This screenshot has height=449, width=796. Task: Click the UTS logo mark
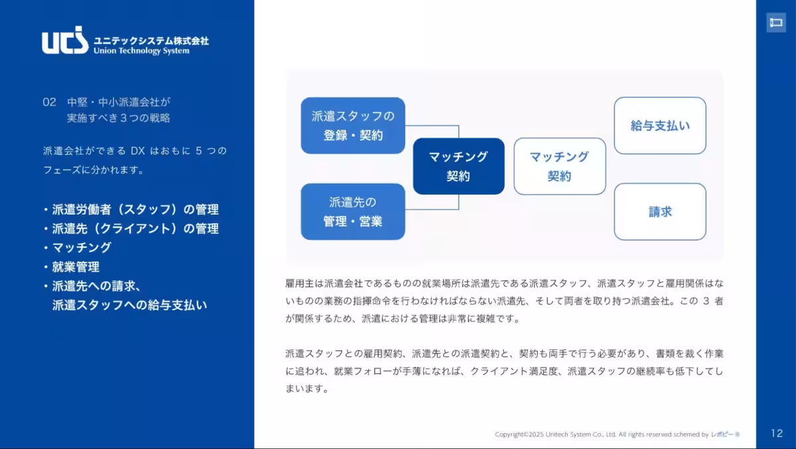[64, 41]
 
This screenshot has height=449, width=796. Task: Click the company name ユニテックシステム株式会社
[151, 41]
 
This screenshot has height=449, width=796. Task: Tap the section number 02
[48, 102]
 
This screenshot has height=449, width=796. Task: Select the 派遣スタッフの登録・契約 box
[353, 126]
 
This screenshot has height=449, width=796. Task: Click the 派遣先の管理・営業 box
[353, 211]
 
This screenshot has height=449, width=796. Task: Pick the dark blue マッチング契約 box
[458, 166]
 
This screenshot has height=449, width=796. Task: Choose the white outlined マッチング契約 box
[559, 166]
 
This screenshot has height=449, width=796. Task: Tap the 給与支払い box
[659, 126]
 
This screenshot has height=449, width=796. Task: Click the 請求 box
[659, 211]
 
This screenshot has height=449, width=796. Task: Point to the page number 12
[777, 433]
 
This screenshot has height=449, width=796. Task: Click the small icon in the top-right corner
[775, 23]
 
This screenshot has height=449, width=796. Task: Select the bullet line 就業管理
[76, 267]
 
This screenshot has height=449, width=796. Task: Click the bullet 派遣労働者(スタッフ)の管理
[135, 210]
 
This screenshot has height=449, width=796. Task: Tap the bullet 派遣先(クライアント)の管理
[135, 228]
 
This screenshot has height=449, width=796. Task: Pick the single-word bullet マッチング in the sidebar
[82, 248]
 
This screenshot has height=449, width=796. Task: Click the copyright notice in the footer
[617, 434]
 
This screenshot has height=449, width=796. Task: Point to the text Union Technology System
[141, 51]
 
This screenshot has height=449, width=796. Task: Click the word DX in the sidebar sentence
[137, 151]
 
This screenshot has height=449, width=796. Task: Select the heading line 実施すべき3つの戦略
[118, 118]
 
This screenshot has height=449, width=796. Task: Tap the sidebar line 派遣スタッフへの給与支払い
[129, 305]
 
